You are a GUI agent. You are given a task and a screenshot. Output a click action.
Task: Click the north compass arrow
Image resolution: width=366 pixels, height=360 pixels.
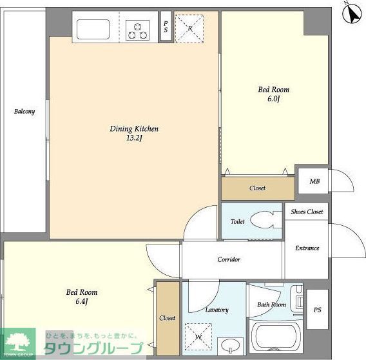click(x=352, y=14)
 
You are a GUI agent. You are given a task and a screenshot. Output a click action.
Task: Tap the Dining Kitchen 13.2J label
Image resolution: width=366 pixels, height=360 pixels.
click(x=134, y=134)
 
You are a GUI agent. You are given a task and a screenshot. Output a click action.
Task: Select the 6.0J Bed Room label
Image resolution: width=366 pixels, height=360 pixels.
click(x=274, y=94)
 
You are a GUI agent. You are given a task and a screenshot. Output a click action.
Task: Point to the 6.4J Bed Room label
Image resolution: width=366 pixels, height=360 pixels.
click(x=82, y=297)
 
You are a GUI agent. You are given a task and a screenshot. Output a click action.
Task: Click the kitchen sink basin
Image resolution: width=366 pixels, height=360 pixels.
click(x=93, y=30)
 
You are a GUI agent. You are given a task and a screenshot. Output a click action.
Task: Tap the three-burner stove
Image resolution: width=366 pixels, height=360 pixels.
click(x=137, y=30)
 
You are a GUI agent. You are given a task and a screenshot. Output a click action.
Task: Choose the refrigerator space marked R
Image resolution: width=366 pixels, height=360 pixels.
click(x=189, y=29)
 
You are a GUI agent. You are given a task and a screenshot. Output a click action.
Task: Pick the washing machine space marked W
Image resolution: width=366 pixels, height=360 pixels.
click(x=198, y=337)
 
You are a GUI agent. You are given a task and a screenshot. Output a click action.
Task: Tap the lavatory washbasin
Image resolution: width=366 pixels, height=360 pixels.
click(x=231, y=346)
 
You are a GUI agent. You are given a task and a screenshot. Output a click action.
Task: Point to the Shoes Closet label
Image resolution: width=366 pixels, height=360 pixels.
click(x=307, y=212)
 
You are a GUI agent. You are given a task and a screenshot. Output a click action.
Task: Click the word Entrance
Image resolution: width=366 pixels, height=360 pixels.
click(x=307, y=248)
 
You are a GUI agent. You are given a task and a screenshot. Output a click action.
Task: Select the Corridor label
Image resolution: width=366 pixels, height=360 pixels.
click(x=229, y=259)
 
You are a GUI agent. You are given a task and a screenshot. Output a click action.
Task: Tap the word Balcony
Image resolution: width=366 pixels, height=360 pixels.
click(x=24, y=111)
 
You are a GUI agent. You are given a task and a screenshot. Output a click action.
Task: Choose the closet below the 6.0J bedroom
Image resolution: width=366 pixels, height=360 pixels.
click(x=258, y=188)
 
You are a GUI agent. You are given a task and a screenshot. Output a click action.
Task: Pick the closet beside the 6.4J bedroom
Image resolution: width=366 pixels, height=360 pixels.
click(x=168, y=319)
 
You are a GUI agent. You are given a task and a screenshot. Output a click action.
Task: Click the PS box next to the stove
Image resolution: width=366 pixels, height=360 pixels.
click(x=166, y=26)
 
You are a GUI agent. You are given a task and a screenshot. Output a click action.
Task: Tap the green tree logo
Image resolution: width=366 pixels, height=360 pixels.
click(x=17, y=343)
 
